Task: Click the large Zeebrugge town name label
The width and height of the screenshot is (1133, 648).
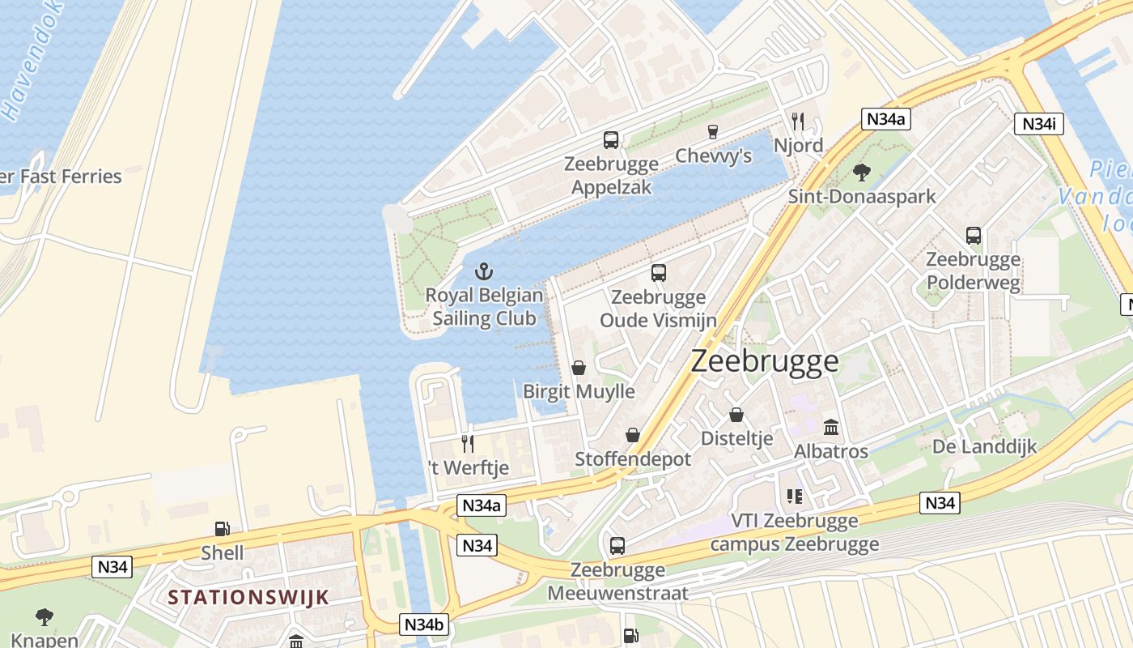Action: (x=765, y=361)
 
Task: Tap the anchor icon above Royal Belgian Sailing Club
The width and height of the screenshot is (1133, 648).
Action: (x=483, y=271)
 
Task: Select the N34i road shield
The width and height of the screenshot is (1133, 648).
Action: (x=1038, y=124)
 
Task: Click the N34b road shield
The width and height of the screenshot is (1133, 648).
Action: (x=424, y=625)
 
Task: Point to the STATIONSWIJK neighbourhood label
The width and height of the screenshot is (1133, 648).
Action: (x=249, y=598)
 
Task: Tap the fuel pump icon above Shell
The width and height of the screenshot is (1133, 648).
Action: (x=222, y=530)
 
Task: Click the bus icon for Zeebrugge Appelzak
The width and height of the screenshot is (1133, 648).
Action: (x=611, y=140)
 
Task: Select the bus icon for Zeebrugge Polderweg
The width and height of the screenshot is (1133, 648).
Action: (x=974, y=236)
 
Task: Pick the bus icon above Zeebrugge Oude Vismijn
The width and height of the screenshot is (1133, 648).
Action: (x=659, y=273)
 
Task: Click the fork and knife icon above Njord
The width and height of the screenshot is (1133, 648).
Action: (x=798, y=122)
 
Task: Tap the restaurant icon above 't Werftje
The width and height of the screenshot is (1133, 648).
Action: (x=467, y=443)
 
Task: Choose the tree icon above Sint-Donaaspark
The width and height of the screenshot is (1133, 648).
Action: (x=862, y=172)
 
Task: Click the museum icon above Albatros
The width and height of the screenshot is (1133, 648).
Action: (x=831, y=427)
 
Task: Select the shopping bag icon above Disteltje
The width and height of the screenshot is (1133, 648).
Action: (x=736, y=415)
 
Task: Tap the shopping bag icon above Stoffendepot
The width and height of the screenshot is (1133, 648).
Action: (x=633, y=435)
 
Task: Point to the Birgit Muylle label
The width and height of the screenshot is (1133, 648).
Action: (x=579, y=392)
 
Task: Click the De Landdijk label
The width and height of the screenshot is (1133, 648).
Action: (x=984, y=446)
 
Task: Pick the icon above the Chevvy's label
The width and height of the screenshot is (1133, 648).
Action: (x=713, y=132)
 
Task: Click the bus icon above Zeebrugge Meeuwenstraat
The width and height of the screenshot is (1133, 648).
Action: (x=617, y=546)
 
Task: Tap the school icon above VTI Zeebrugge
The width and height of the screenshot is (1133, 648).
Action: (x=794, y=496)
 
